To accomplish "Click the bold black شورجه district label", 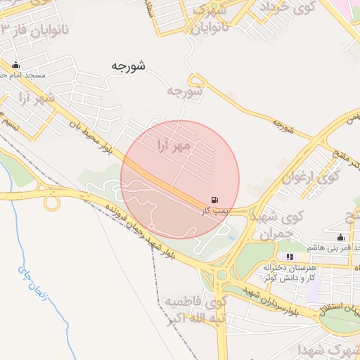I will pos(128,65).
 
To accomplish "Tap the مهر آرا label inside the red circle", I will pos(173,146).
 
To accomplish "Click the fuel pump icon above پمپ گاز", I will pos(214,200).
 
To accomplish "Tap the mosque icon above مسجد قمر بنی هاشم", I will pos(341,237).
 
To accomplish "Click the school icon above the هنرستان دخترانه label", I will pos(290,257).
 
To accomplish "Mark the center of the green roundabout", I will pos(222,275).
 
